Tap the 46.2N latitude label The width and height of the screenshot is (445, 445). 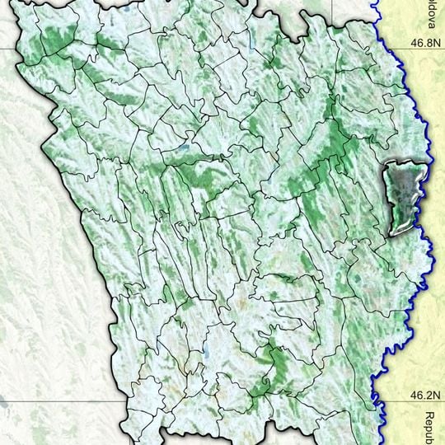pyautogui.click(x=424, y=396)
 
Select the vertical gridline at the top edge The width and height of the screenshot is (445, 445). pyautogui.click(x=333, y=7)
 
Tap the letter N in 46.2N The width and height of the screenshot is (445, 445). pyautogui.click(x=438, y=396)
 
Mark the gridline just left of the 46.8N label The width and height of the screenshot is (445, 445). pyautogui.click(x=399, y=47)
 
